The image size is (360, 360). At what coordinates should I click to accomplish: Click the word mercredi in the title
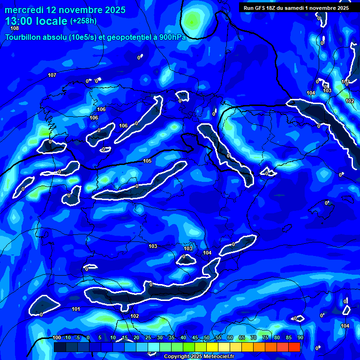pos(24,10)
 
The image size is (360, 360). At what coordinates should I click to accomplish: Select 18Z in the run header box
pos(272,8)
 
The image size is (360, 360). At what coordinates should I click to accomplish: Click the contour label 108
pos(15,29)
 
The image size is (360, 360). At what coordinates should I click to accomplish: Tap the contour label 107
pos(52,75)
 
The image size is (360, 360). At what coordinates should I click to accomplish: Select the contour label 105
pos(147,161)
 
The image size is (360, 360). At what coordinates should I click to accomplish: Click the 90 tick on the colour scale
pos(300,338)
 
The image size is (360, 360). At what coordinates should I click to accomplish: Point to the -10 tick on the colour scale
pos(67,338)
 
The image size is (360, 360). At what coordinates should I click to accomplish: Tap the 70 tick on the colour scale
pos(253,338)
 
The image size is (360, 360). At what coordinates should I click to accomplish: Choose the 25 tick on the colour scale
pos(148,338)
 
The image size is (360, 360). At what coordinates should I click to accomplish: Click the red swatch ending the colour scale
pos(294,347)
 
